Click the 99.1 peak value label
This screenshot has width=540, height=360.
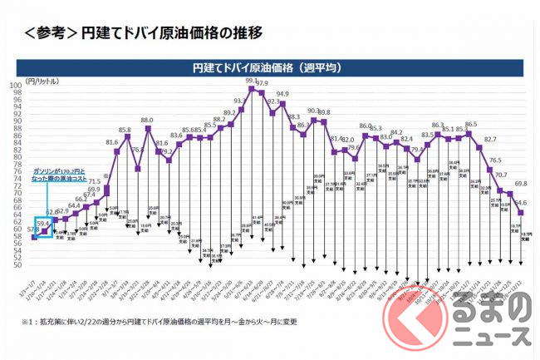(x=251, y=80)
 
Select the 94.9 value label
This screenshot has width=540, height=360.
(x=282, y=95)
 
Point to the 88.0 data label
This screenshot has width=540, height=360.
(x=148, y=121)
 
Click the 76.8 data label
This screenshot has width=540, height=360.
(x=138, y=150)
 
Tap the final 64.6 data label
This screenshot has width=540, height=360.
(x=520, y=202)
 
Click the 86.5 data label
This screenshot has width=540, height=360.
(x=470, y=125)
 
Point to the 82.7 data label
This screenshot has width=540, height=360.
(x=490, y=140)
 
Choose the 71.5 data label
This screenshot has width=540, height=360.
(x=95, y=181)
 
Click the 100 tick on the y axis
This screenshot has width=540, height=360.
(x=16, y=85)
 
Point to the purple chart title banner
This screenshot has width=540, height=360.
(x=268, y=65)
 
